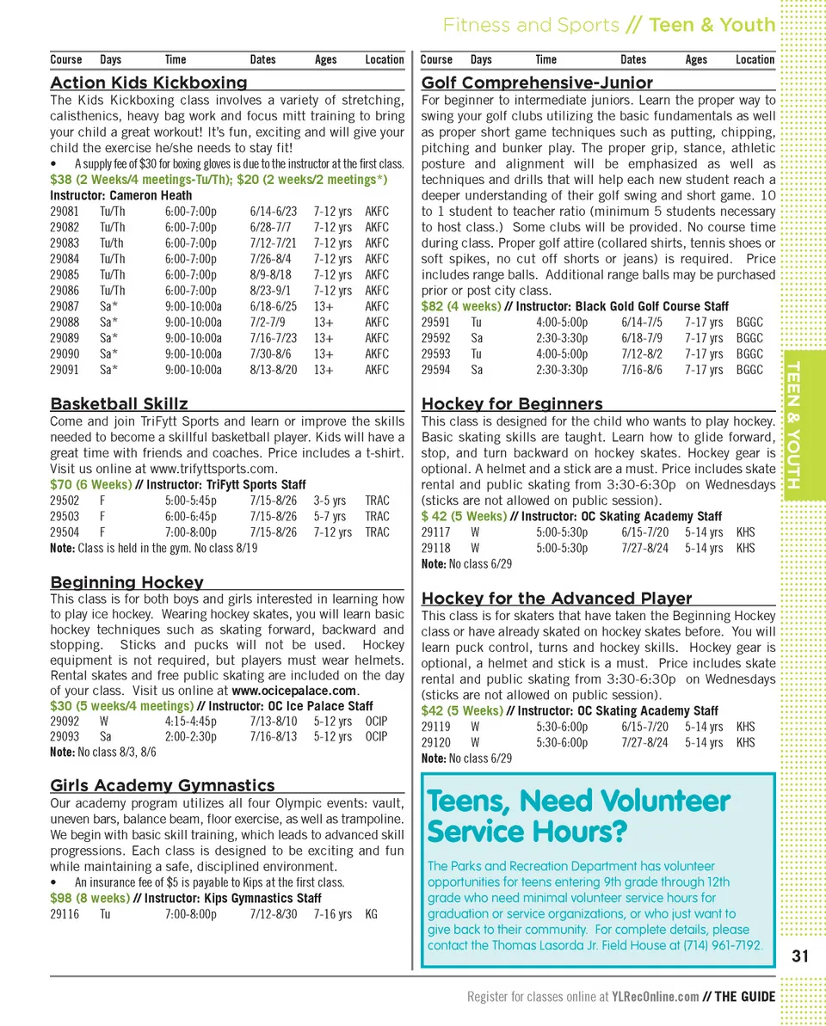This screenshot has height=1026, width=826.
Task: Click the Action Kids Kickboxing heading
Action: (149, 83)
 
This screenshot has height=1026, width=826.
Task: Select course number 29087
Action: (65, 306)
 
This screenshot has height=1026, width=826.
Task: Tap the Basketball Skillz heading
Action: (119, 403)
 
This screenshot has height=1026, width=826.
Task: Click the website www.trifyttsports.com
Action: (213, 469)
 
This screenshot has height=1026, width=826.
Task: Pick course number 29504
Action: (65, 532)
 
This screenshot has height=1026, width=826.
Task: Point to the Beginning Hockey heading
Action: (126, 582)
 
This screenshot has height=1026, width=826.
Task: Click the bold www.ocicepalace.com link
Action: (294, 691)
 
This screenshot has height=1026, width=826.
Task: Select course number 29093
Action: (65, 736)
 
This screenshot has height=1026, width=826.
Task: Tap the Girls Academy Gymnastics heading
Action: (163, 785)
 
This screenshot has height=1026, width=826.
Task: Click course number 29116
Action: (65, 914)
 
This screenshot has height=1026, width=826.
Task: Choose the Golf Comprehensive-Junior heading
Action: (537, 83)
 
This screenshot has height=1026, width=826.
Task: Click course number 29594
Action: (435, 370)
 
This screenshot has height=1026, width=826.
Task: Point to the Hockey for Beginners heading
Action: (512, 403)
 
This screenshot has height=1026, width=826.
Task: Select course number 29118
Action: (435, 548)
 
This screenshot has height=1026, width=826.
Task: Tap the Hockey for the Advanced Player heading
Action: (557, 598)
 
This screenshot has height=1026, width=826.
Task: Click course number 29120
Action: (435, 742)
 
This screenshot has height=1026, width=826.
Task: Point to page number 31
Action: (800, 956)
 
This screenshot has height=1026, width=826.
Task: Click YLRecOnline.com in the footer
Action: (655, 997)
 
